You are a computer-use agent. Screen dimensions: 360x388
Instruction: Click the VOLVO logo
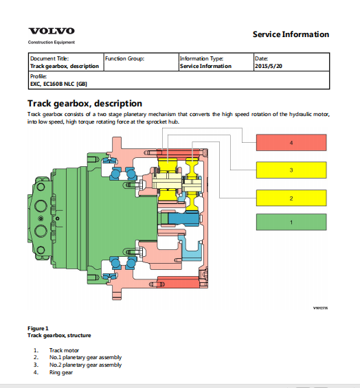coord(52,31)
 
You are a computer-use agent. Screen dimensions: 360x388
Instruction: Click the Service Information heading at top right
coord(291,34)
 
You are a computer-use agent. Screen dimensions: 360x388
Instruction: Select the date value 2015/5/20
coord(269,66)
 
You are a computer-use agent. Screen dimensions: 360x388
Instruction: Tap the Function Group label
coord(124,58)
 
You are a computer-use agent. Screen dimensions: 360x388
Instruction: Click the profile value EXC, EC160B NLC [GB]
coord(58,84)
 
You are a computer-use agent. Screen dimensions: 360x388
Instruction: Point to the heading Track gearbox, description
coord(85,104)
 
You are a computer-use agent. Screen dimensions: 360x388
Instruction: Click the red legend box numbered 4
coord(291,143)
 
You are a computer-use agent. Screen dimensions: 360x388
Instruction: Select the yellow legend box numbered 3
coord(291,170)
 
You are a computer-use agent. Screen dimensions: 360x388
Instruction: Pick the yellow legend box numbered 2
coord(291,198)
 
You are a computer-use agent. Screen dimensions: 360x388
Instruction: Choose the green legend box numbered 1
coord(291,222)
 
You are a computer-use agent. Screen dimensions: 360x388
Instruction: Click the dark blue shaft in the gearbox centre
coord(183,219)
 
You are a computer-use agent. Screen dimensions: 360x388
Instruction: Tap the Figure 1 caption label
coord(38,328)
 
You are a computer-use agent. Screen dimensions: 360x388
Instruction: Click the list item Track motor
coord(64,350)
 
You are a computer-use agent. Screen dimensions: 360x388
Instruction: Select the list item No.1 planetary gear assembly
coord(85,357)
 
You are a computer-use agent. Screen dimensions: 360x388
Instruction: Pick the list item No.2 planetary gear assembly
coord(85,365)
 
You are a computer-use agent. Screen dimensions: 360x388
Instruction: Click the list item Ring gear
coord(61,372)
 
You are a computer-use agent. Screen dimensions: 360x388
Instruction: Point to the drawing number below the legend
coord(320,308)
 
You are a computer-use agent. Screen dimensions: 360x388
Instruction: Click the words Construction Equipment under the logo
coord(52,43)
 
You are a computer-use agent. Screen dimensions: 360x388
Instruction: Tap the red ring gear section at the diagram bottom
coord(179,282)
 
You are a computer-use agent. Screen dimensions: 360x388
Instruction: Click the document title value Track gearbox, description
coord(65,66)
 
